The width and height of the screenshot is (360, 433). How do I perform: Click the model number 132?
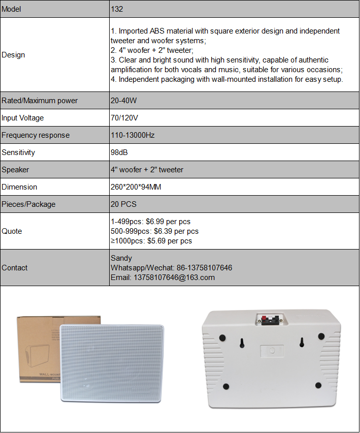tap(117, 9)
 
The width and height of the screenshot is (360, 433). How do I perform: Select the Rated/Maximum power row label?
tap(40, 101)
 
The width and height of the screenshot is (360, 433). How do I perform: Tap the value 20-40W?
tap(124, 101)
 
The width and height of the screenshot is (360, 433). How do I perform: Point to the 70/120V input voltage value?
tap(124, 118)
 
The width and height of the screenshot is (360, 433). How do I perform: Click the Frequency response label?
tap(36, 135)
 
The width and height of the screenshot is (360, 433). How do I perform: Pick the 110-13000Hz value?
tap(133, 135)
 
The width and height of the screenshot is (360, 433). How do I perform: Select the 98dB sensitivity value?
tap(120, 152)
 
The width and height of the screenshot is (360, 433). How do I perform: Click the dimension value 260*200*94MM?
tap(136, 187)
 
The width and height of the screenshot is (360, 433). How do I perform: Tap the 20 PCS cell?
tap(123, 204)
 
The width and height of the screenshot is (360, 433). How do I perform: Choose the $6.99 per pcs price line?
tap(150, 222)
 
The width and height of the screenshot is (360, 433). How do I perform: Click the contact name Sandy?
tap(121, 258)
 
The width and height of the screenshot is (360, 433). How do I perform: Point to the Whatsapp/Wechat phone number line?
tap(171, 268)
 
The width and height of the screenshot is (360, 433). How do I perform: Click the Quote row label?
tap(12, 231)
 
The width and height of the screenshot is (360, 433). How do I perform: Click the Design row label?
tap(13, 55)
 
